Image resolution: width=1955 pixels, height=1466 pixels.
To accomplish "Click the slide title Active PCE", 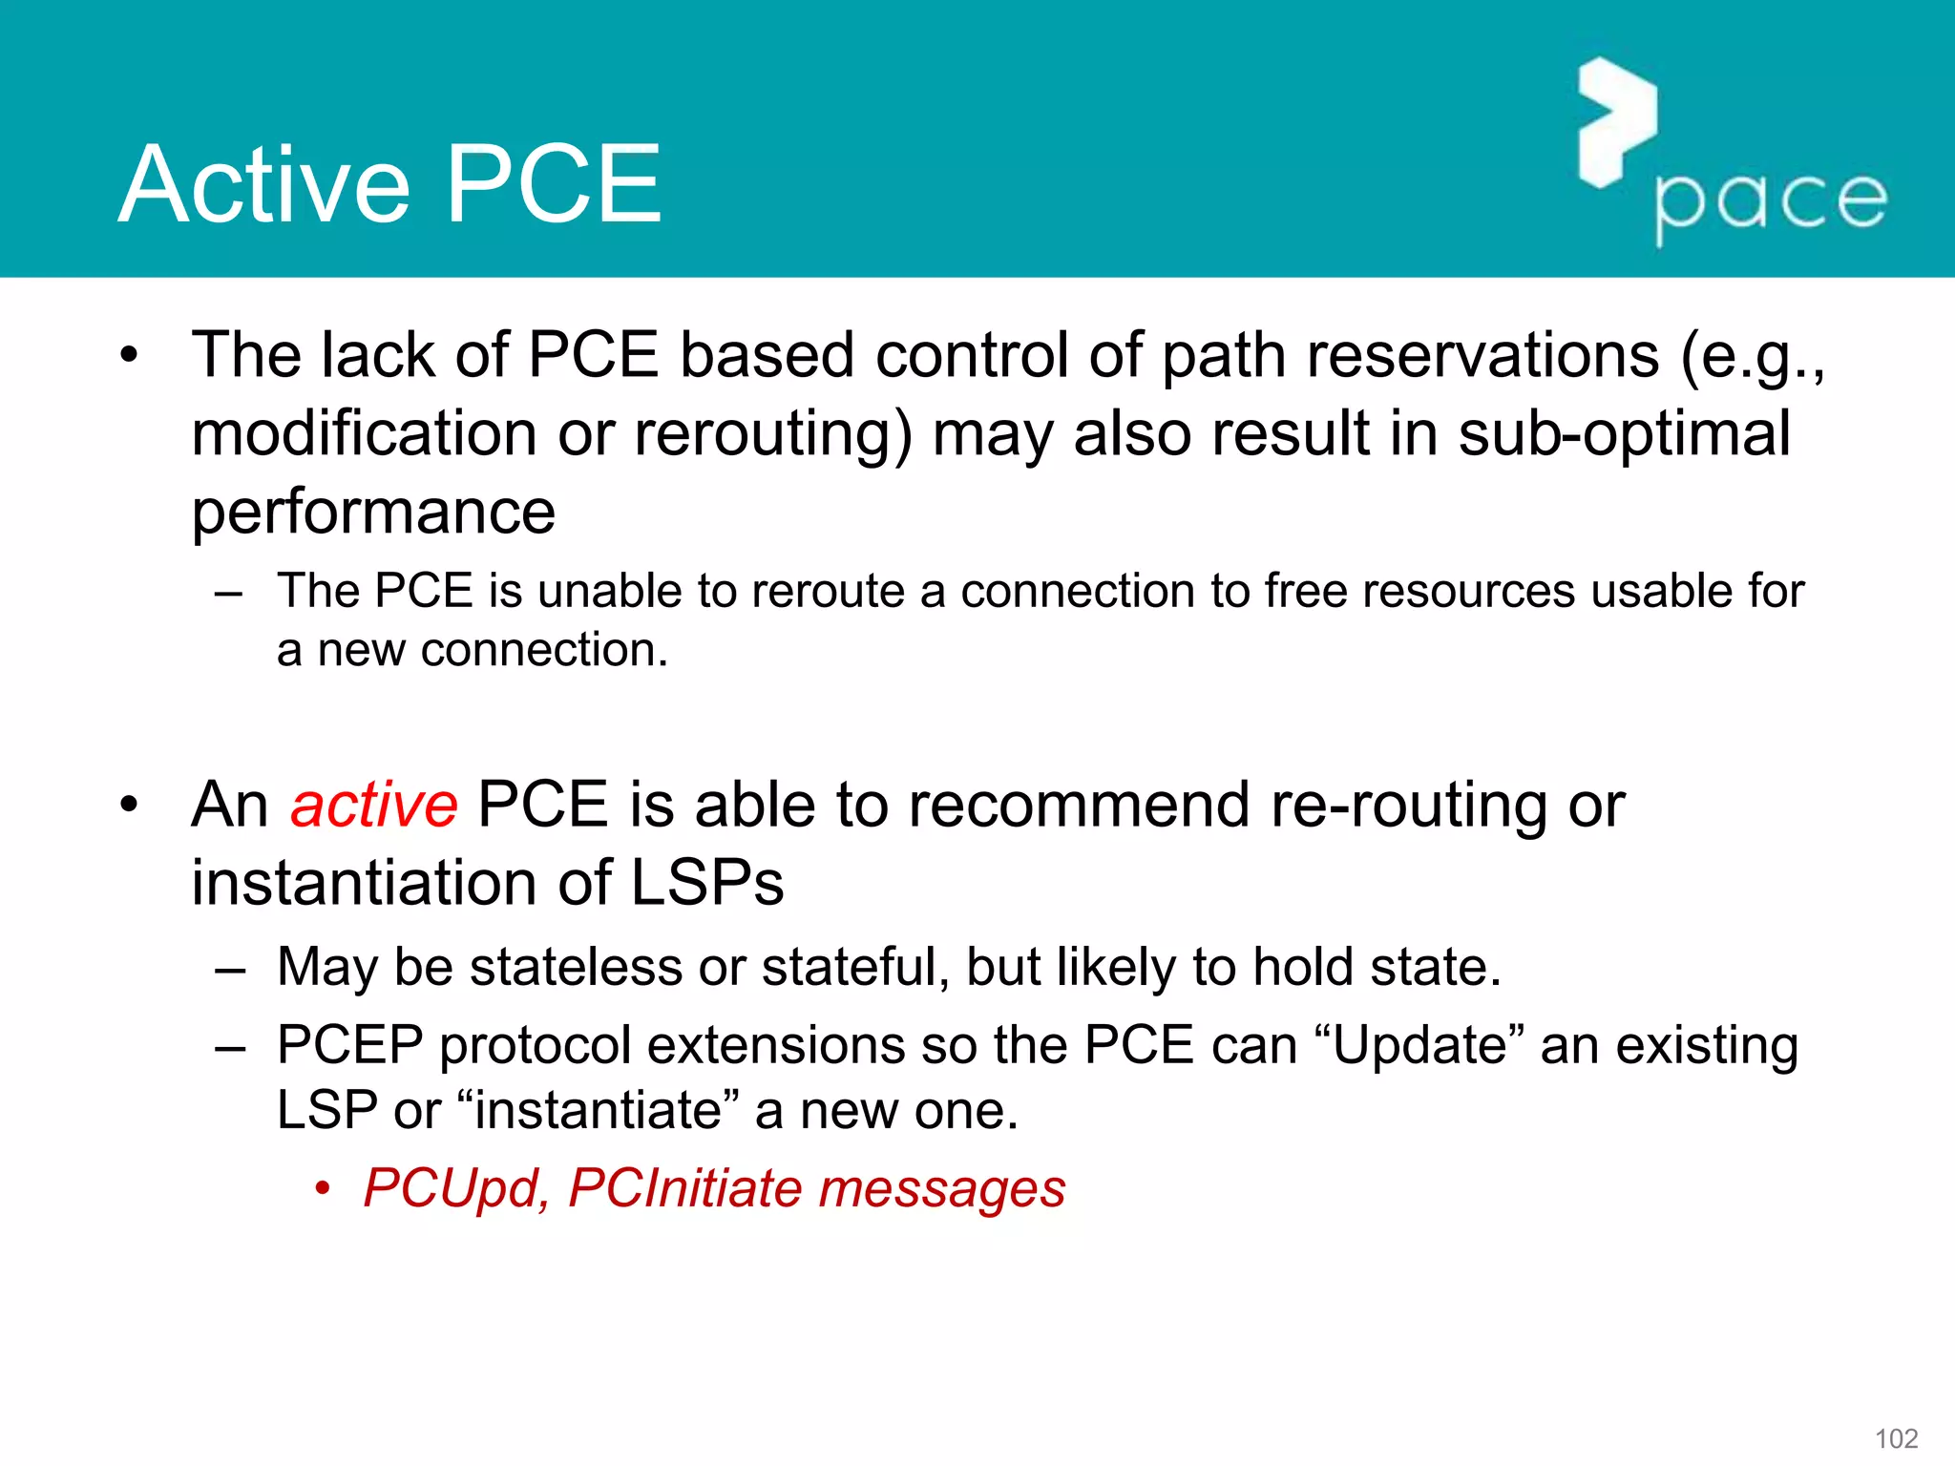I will point(389,184).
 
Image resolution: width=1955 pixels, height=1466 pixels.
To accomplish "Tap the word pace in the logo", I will point(1771,202).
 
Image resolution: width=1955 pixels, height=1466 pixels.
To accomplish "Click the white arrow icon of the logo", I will point(1617,122).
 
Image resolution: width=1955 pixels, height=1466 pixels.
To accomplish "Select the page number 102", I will point(1896,1438).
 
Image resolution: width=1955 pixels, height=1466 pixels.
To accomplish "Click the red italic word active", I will point(373,805).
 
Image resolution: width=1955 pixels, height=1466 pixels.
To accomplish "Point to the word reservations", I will point(1482,355).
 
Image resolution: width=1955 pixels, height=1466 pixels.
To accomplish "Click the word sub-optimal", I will point(1624,433).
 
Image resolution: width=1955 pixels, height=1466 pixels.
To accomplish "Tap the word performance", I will point(373,513).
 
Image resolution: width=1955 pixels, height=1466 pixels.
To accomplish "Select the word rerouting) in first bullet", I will point(773,433).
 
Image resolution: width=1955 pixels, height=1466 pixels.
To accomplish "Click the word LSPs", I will point(706,883).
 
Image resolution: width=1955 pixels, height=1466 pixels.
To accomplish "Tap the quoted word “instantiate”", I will point(599,1110).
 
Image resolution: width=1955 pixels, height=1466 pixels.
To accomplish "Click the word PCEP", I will point(349,1045).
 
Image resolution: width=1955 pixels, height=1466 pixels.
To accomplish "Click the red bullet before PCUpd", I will point(323,1190).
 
